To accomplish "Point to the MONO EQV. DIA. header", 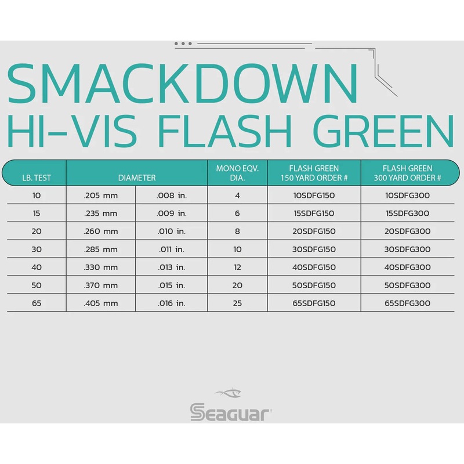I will click(x=237, y=173).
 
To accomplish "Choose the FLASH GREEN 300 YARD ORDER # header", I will click(x=412, y=173).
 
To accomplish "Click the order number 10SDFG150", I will click(x=314, y=195).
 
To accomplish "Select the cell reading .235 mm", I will click(x=100, y=213).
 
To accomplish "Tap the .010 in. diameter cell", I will click(x=172, y=231).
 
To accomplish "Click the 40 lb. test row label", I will click(x=37, y=267).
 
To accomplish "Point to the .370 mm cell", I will click(x=100, y=285).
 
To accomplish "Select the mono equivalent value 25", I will click(x=237, y=303).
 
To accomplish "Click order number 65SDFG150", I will click(x=314, y=303).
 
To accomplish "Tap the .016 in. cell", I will click(x=172, y=303).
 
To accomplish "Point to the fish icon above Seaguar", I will click(x=231, y=393).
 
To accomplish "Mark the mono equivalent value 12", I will click(x=237, y=267).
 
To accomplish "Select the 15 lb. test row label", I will click(x=37, y=213).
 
